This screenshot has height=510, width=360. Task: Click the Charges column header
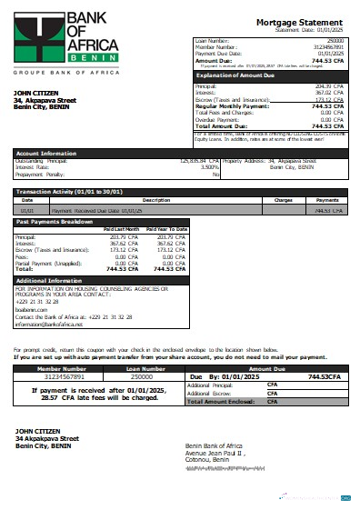pyautogui.click(x=283, y=200)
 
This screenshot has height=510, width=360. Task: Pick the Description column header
pyautogui.click(x=156, y=200)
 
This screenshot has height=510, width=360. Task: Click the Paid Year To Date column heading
pyautogui.click(x=165, y=229)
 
